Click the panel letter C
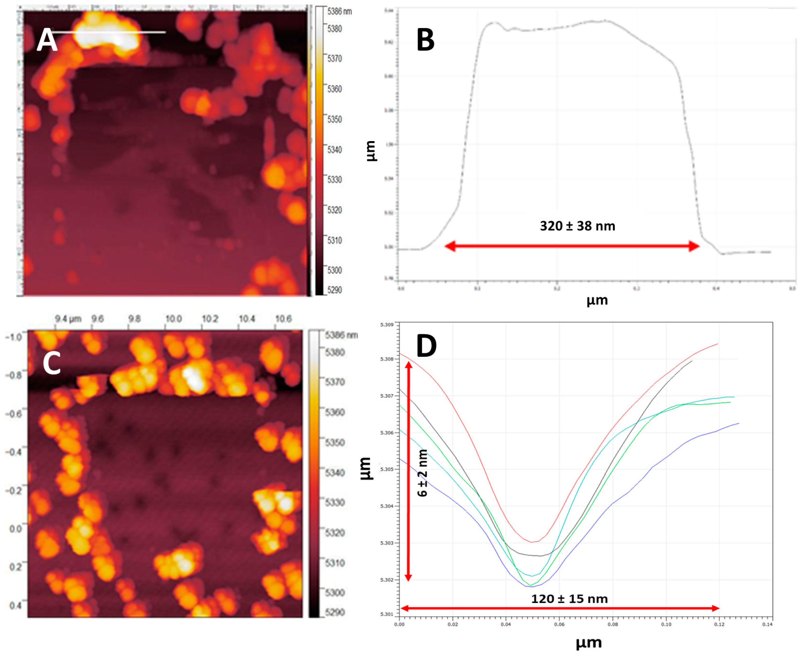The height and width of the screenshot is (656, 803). click(52, 363)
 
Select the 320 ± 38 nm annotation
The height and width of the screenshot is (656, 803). click(577, 226)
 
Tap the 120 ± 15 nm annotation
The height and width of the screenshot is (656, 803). click(569, 599)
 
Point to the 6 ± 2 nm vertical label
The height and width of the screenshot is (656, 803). click(422, 473)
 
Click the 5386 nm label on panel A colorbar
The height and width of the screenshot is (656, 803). click(339, 11)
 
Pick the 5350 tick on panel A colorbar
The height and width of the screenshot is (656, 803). click(334, 119)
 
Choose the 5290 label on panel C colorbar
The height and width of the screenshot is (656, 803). click(335, 612)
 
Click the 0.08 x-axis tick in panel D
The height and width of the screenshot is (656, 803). click(613, 624)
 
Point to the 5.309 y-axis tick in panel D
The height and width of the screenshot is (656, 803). click(387, 325)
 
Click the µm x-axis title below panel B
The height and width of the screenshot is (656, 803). click(597, 300)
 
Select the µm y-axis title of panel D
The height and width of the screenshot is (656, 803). click(366, 468)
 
